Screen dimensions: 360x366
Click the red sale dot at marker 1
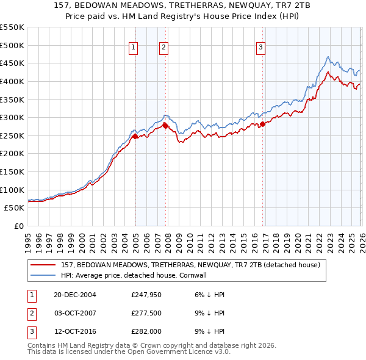point(135,137)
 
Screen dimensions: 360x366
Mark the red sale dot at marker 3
point(262,124)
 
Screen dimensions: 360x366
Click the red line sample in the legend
point(43,265)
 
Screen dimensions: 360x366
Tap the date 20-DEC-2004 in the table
point(75,295)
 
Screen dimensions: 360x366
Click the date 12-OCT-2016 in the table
point(75,331)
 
